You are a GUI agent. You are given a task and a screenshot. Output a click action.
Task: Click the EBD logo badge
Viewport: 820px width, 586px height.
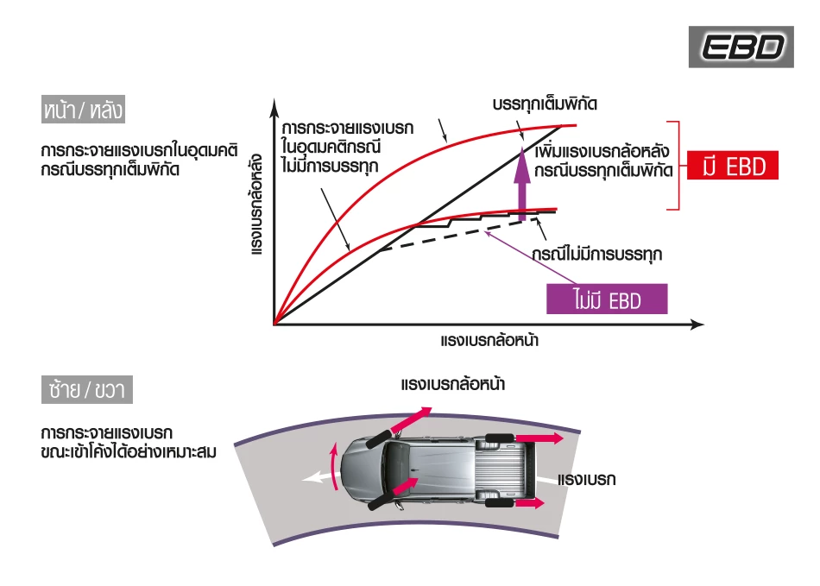coord(741,47)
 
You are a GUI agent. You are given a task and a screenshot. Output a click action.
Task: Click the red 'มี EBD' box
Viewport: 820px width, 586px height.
coord(733,166)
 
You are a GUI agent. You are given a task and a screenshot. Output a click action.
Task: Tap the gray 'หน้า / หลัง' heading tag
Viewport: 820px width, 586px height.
coord(83,110)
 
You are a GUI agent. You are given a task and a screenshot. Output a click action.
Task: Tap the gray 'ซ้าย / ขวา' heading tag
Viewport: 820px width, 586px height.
coord(86,389)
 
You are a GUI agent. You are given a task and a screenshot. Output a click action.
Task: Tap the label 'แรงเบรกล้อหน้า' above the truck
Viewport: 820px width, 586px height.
coord(453,383)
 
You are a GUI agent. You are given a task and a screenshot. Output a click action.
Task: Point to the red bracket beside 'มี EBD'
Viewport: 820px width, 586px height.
coord(679,164)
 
